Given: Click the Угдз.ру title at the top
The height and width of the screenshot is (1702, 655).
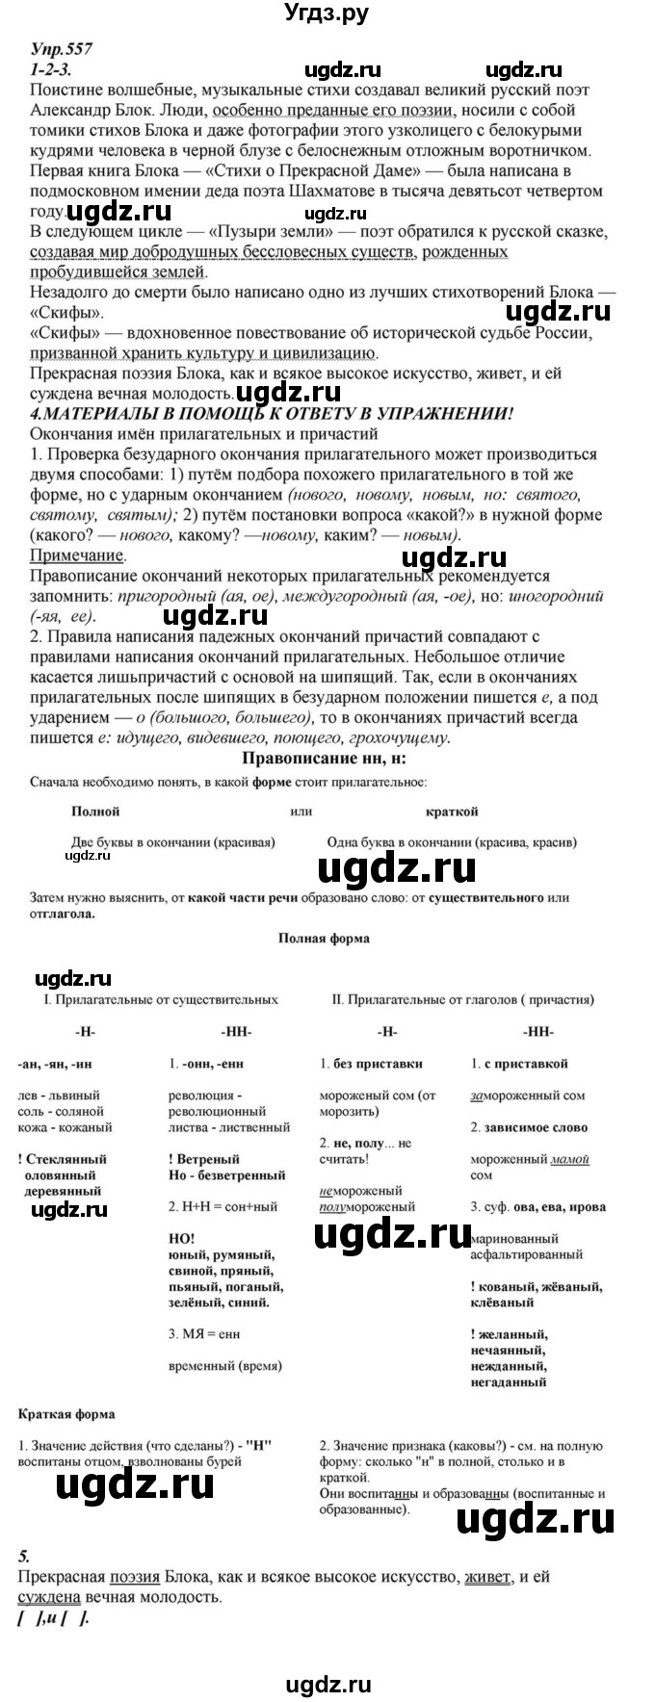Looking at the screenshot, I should click(x=327, y=13).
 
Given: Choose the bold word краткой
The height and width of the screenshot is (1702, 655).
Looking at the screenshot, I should click(x=452, y=812).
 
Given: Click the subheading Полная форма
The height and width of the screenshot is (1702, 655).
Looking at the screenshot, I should click(x=323, y=938).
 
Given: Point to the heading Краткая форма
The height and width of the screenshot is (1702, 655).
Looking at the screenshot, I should click(x=66, y=1414).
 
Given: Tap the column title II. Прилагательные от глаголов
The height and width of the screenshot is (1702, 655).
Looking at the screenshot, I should click(x=462, y=1000).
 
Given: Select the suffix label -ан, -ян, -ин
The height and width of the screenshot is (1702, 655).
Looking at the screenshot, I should click(x=61, y=1064).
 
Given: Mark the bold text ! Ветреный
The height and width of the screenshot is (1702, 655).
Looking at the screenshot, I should click(x=203, y=1159).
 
